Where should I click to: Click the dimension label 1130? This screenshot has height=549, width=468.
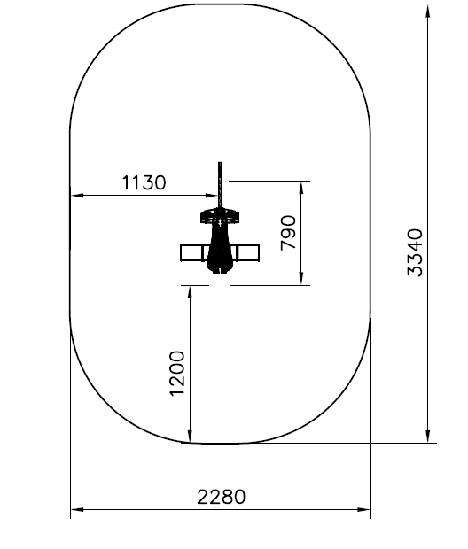(144, 182)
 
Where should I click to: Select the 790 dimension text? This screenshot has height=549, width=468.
(288, 233)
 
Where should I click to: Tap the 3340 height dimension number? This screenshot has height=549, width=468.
(415, 252)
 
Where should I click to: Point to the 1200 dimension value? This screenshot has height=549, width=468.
(177, 374)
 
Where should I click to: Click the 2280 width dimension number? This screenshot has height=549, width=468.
(222, 497)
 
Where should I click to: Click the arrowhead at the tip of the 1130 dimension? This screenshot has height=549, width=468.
(213, 196)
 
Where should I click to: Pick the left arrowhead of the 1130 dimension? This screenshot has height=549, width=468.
(77, 196)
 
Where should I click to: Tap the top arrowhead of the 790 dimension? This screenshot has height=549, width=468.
(301, 188)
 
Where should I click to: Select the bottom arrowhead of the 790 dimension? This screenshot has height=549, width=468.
(301, 279)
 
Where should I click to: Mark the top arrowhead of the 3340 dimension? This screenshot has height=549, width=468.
(428, 12)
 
